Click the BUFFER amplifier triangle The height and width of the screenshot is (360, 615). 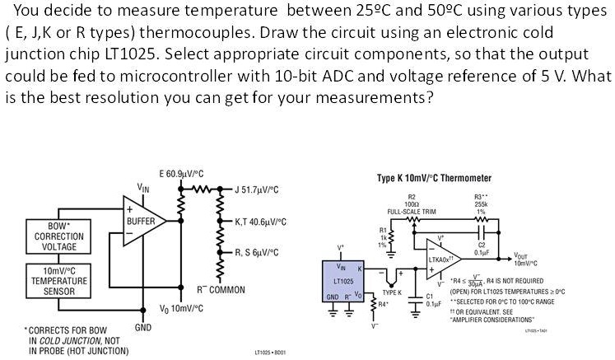tap(140, 222)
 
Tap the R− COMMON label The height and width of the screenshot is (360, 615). tap(221, 290)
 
